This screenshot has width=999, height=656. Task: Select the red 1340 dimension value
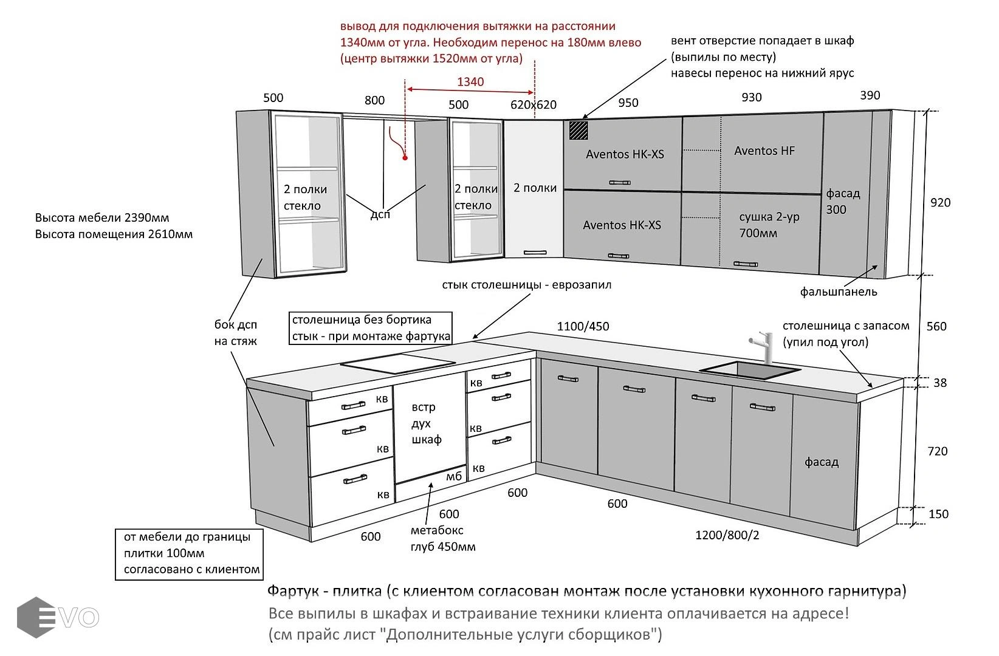[x=470, y=82]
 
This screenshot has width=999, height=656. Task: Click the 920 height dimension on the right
[x=940, y=202]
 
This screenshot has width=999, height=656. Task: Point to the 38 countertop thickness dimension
[x=939, y=383]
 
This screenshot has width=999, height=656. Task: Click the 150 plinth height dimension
[x=938, y=514]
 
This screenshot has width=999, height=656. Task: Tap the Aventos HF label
[x=764, y=151]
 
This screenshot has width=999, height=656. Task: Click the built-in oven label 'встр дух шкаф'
[x=426, y=423]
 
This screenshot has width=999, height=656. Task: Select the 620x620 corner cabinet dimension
[x=533, y=104]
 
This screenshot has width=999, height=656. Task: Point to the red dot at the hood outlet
[x=405, y=158]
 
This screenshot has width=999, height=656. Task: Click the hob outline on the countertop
[x=397, y=364]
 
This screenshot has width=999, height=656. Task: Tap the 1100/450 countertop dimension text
[x=583, y=326]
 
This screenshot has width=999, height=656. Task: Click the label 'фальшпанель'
[x=838, y=292]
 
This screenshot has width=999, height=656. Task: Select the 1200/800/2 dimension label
[x=727, y=535]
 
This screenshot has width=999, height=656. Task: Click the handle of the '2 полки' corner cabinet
[x=535, y=252]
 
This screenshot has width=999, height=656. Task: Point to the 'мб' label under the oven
[x=454, y=476]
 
